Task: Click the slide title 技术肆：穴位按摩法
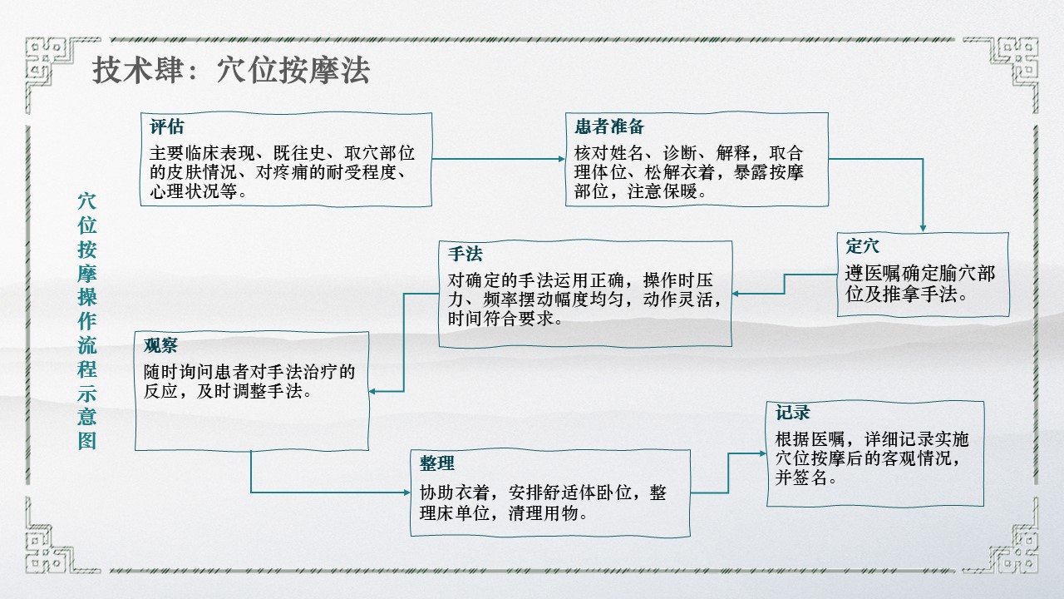pyautogui.click(x=231, y=72)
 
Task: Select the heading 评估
pyautogui.click(x=167, y=127)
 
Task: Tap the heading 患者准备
pyautogui.click(x=609, y=127)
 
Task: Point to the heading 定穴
pyautogui.click(x=862, y=246)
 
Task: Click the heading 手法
pyautogui.click(x=465, y=254)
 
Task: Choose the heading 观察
pyautogui.click(x=160, y=345)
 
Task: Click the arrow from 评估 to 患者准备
pyautogui.click(x=499, y=158)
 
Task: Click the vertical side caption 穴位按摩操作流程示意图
pyautogui.click(x=87, y=320)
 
